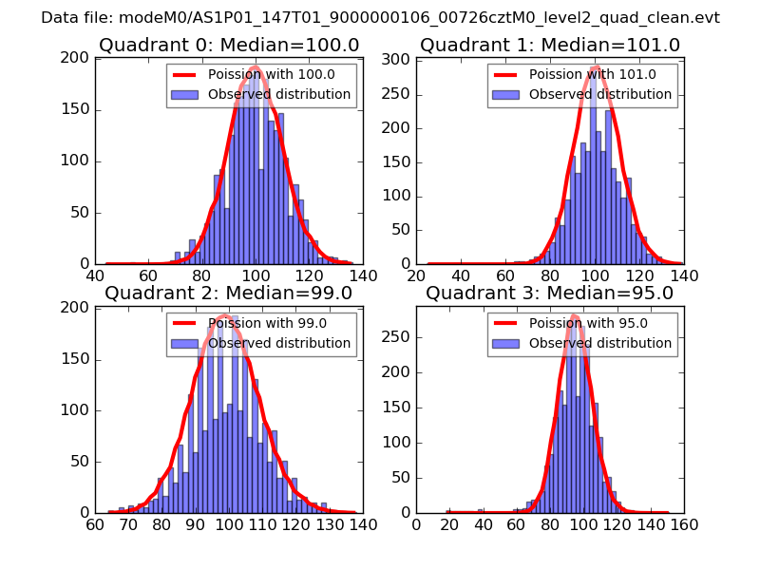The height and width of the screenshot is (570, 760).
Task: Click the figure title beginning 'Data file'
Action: [x=380, y=18]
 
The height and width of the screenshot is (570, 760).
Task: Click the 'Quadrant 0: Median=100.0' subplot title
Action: [x=229, y=46]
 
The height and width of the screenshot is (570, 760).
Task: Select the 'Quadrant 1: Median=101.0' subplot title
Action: [x=550, y=46]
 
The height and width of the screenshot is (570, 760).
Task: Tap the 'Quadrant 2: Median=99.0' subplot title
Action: [x=229, y=294]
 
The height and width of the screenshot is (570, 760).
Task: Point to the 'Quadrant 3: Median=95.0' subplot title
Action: [x=550, y=294]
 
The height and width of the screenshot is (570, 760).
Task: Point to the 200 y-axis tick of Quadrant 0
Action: [x=78, y=59]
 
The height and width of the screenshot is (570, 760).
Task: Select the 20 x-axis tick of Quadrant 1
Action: [x=416, y=276]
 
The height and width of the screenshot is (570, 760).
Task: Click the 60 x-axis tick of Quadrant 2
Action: [x=95, y=524]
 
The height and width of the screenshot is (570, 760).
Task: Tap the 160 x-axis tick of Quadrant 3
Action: [x=683, y=524]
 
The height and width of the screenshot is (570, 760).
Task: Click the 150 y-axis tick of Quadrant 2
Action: [x=78, y=359]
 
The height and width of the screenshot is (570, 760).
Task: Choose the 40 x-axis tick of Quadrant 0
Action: [x=95, y=276]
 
